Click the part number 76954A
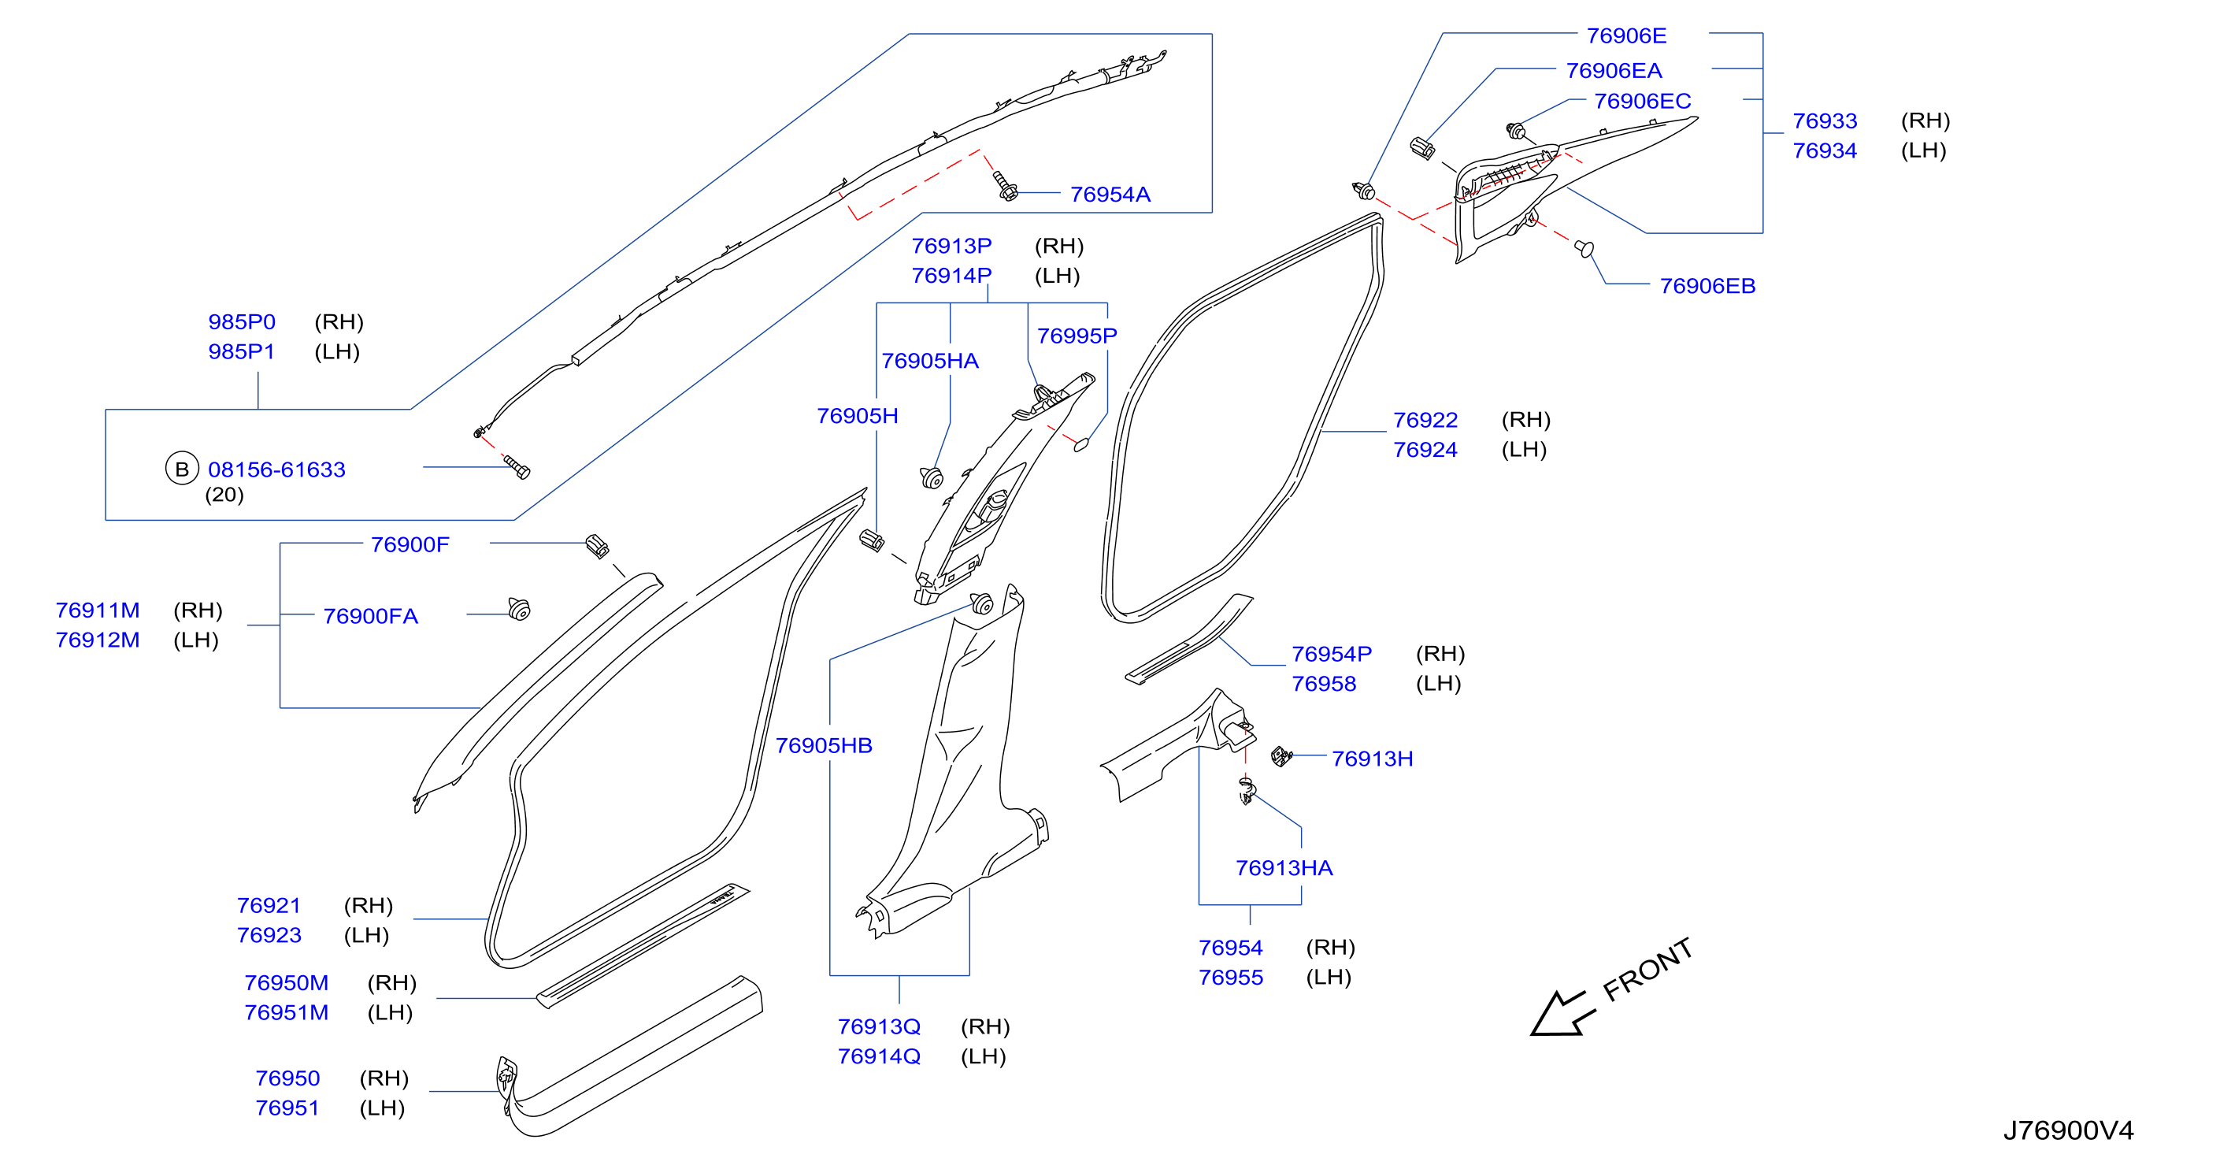pyautogui.click(x=1110, y=195)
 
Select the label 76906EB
pyautogui.click(x=1707, y=286)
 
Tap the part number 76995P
pyautogui.click(x=1077, y=336)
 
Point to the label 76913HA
pyautogui.click(x=1284, y=868)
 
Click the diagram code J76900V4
pyautogui.click(x=2068, y=1130)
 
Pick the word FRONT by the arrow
pyautogui.click(x=1647, y=970)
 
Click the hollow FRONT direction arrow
pyautogui.click(x=1562, y=1014)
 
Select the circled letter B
pyautogui.click(x=182, y=469)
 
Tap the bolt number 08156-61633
pyautogui.click(x=276, y=469)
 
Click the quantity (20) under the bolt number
pyautogui.click(x=224, y=495)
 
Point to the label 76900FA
pyautogui.click(x=371, y=616)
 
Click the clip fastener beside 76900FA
pyautogui.click(x=519, y=609)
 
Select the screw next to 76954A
pyautogui.click(x=1005, y=186)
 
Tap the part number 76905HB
pyautogui.click(x=824, y=746)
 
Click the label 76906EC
pyautogui.click(x=1643, y=102)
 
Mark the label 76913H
pyautogui.click(x=1373, y=759)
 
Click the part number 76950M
pyautogui.click(x=286, y=983)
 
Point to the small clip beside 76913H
pyautogui.click(x=1281, y=757)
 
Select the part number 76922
pyautogui.click(x=1425, y=421)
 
